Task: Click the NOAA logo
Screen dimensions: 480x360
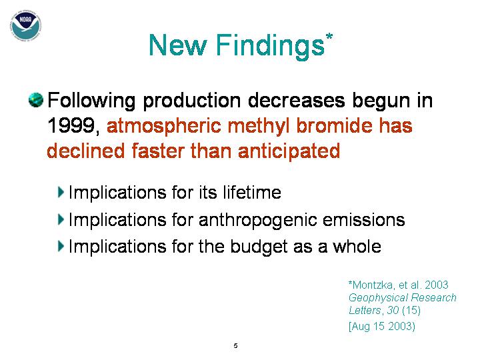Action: [x=26, y=25]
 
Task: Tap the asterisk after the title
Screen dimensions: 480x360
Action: [x=329, y=37]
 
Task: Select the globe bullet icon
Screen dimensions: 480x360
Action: [x=36, y=100]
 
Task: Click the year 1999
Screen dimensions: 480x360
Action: [x=71, y=125]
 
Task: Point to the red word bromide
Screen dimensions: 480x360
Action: [x=335, y=125]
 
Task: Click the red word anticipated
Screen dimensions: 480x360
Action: [x=289, y=151]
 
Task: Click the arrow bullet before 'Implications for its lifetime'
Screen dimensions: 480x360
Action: [x=61, y=192]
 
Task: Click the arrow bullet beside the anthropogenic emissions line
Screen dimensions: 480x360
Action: [x=61, y=219]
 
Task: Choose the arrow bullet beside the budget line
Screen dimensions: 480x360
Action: [x=61, y=246]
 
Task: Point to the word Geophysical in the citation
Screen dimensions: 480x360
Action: [x=378, y=298]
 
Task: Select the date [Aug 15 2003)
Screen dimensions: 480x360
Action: [x=382, y=326]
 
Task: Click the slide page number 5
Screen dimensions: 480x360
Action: [x=235, y=345]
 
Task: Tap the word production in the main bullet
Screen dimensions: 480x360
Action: [x=192, y=101]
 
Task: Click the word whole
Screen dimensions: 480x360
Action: [x=357, y=246]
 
